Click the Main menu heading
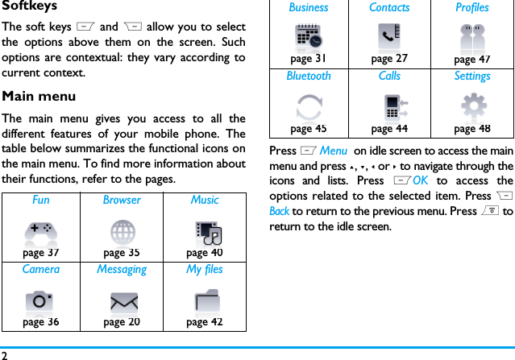pos(39,97)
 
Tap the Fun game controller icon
pos(40,231)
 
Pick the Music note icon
pos(208,232)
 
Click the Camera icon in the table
pos(39,301)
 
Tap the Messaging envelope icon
pos(123,302)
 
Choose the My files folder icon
pos(206,301)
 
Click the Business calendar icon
pos(309,38)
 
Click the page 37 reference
pos(40,253)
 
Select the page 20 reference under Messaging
pos(122,322)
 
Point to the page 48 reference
pos(472,128)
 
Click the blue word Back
pos(279,211)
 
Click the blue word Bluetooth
pos(309,76)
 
